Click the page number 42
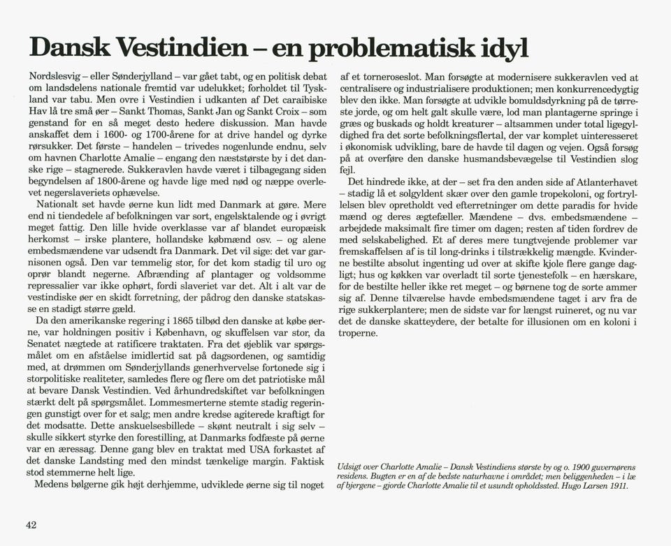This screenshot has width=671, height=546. tap(31, 525)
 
